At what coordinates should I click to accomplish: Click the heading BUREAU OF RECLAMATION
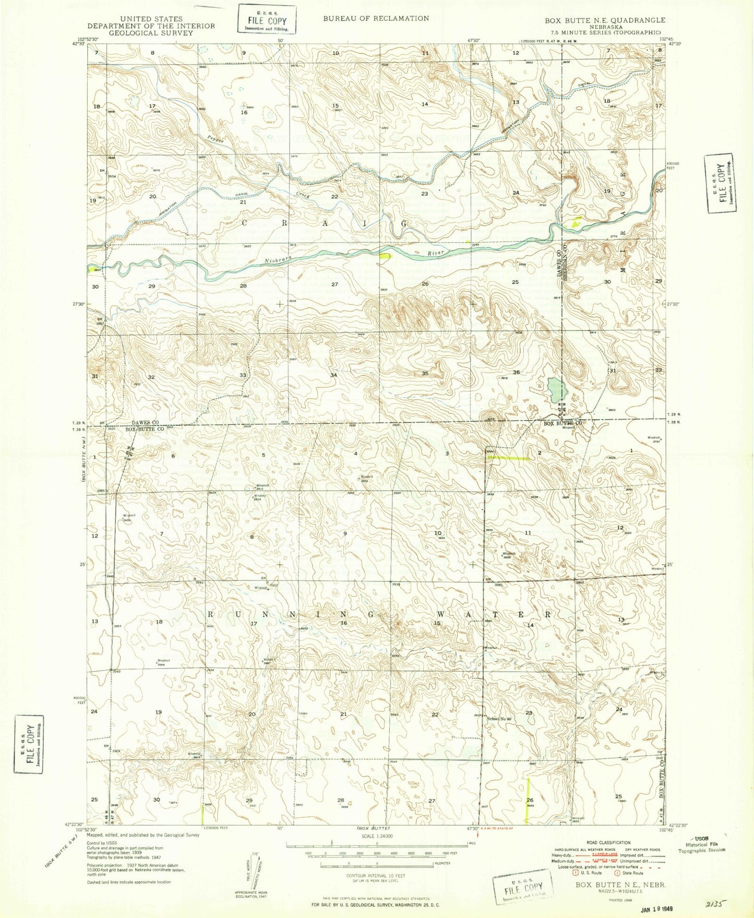coord(376,18)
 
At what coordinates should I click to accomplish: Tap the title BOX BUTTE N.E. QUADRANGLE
coord(605,20)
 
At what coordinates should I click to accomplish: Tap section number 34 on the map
coord(333,375)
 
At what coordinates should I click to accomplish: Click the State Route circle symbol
coord(617,873)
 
